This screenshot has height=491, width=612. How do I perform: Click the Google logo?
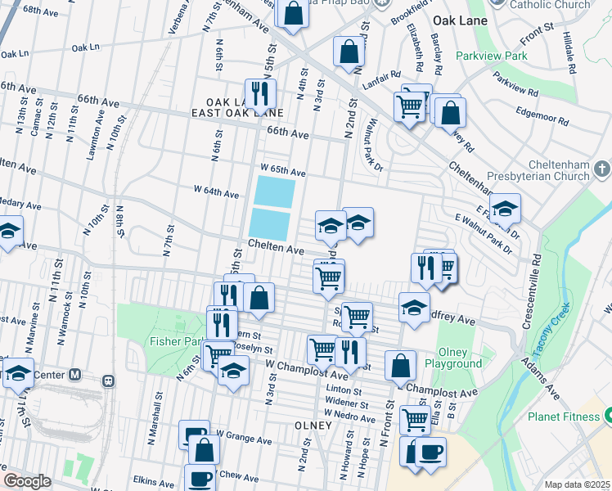27,481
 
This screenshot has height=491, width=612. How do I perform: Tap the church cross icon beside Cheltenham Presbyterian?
602,169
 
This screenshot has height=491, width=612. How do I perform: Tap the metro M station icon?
75,375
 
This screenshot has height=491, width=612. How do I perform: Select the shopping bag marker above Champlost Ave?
400,366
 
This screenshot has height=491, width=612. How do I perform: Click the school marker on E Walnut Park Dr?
505,209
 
